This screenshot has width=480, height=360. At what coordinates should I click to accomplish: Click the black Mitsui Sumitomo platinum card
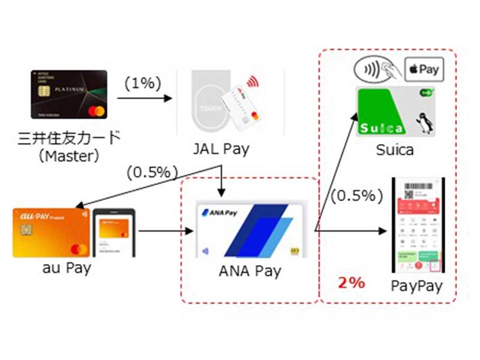pyautogui.click(x=68, y=94)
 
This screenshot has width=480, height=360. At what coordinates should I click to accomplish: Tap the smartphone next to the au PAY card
pyautogui.click(x=114, y=234)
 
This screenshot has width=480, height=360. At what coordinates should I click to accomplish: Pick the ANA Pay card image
pyautogui.click(x=251, y=230)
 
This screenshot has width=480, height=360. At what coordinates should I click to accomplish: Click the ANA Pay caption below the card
pyautogui.click(x=250, y=271)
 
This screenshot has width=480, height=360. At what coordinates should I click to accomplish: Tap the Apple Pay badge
pyautogui.click(x=424, y=69)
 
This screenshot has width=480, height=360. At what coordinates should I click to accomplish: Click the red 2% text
pyautogui.click(x=352, y=283)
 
